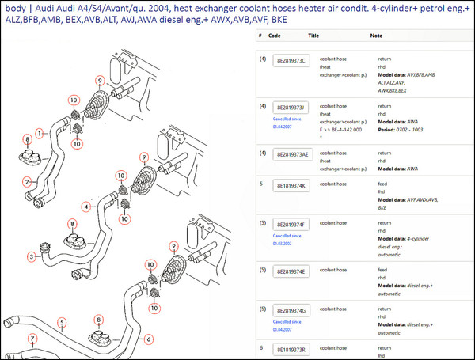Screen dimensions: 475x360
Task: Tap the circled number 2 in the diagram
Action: coord(27,181)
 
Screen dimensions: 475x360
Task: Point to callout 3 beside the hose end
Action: coord(32,256)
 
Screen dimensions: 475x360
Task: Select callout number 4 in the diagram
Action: coord(88,207)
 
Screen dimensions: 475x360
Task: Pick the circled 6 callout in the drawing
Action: coord(148,339)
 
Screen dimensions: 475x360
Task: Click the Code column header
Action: coord(274,36)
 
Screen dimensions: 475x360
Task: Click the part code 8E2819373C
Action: coord(293,61)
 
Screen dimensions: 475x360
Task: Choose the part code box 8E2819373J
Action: coord(293,107)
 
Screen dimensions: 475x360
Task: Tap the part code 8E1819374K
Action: coord(293,185)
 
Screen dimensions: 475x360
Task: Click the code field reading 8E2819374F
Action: coord(293,224)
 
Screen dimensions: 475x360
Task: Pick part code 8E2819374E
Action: coord(293,271)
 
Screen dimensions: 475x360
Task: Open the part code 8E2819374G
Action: coord(293,309)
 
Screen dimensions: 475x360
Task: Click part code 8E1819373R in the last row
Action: coord(293,348)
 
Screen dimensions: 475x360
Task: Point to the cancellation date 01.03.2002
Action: coord(283,244)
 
